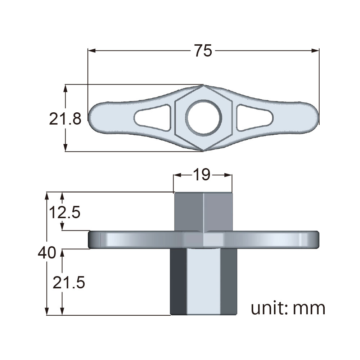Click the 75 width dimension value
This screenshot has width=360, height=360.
coord(203,51)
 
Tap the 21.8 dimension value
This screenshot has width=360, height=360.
coord(65,118)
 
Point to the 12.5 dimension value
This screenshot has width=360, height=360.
coord(64,212)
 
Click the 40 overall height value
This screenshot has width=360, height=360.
coord(47,253)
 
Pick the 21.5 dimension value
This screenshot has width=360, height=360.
coord(69,283)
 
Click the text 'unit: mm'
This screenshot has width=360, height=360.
coord(288,308)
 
